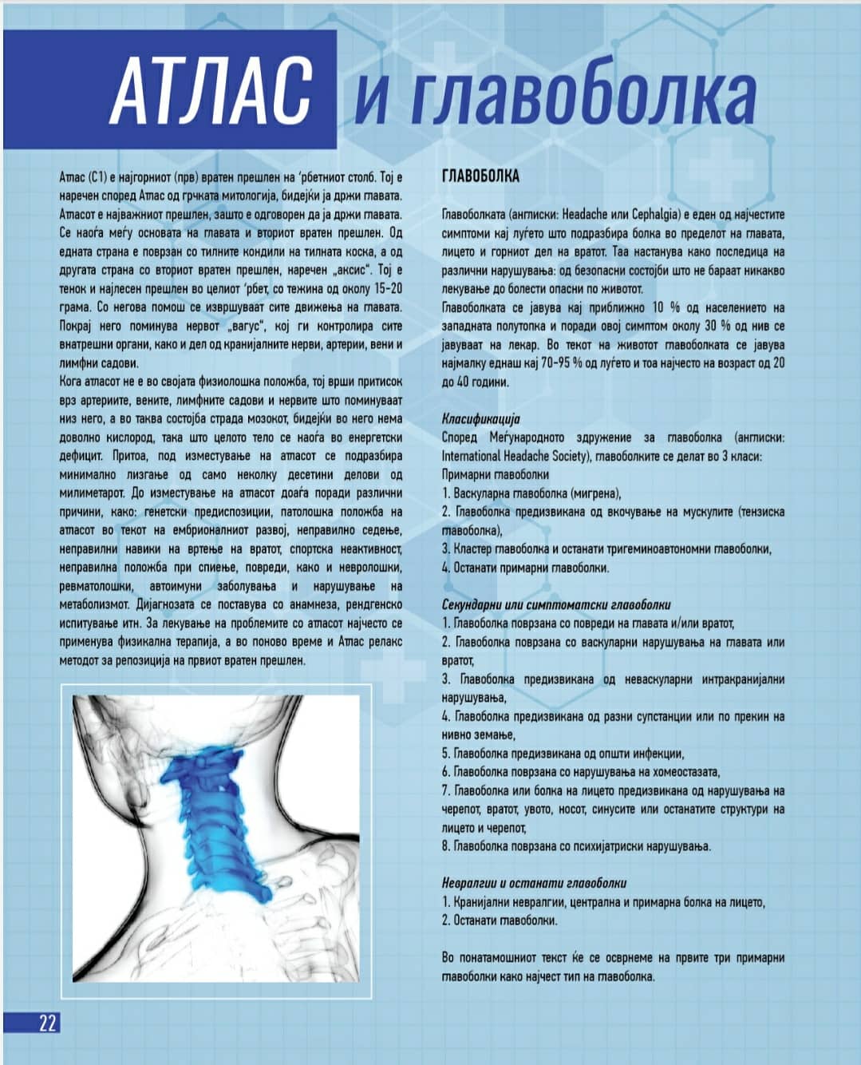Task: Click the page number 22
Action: tap(47, 1023)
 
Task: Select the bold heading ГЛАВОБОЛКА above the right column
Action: tap(480, 177)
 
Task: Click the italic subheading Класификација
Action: tap(480, 419)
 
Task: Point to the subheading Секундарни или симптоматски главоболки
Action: tap(556, 605)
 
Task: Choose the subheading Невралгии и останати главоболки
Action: tap(534, 883)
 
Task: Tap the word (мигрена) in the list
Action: tap(597, 493)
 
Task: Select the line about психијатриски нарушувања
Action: tap(577, 846)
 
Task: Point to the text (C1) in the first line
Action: tap(96, 177)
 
